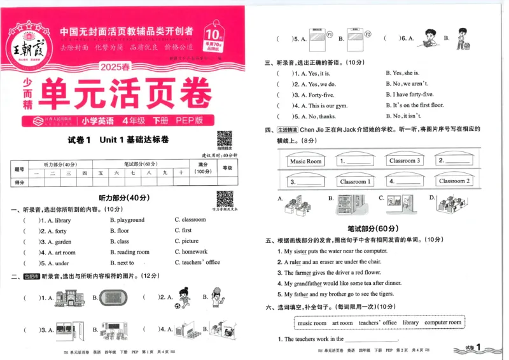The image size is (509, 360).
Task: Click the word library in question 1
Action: [x=62, y=220]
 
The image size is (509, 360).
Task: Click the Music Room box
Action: [x=305, y=161]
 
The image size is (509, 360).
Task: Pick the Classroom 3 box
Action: [x=405, y=161]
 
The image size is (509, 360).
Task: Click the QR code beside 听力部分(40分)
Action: [x=225, y=198]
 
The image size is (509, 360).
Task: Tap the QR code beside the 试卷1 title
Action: [x=225, y=138]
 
